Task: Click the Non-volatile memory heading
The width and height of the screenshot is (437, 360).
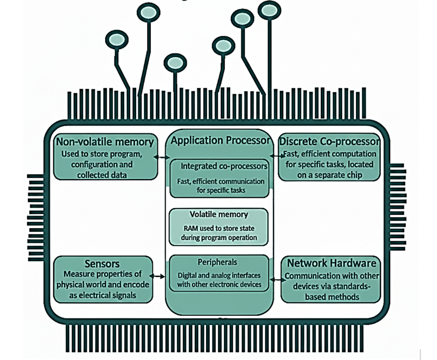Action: [106, 142]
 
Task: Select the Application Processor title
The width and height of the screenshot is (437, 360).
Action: [220, 140]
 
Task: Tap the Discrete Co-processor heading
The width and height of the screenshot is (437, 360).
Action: [329, 142]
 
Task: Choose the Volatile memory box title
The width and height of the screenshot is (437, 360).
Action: [218, 214]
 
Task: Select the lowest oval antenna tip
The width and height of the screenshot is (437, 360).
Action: [175, 63]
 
